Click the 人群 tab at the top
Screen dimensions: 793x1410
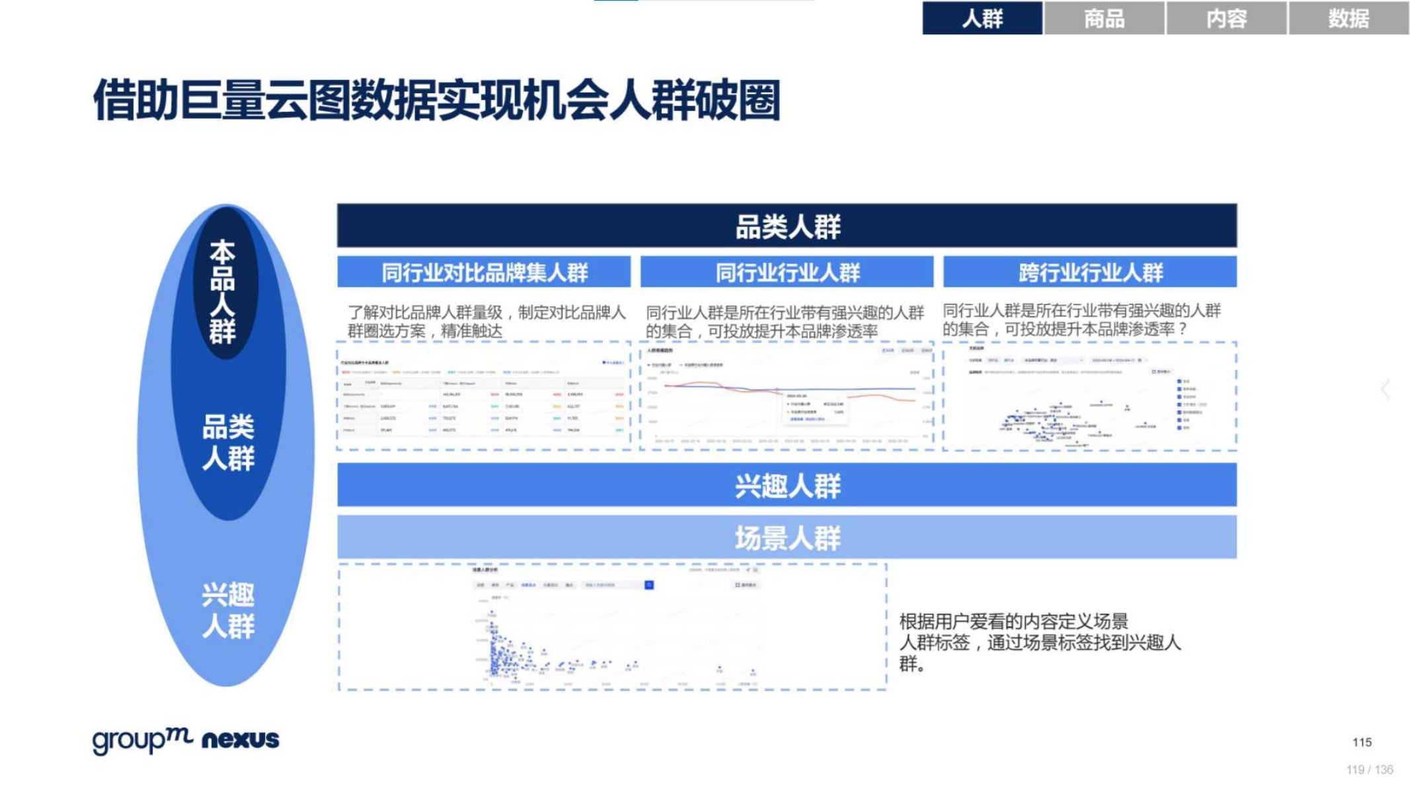coord(982,18)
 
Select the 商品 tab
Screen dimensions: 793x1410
coord(1103,18)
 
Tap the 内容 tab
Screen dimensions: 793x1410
coord(1226,18)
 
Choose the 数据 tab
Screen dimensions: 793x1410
coord(1348,18)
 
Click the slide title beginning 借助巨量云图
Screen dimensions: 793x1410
coord(436,100)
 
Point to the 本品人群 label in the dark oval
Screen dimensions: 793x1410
coord(223,291)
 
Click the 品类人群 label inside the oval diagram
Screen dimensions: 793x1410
coord(228,442)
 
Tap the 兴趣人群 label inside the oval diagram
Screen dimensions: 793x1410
coord(228,610)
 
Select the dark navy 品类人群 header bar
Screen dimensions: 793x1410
coord(787,226)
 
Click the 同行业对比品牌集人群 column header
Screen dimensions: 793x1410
coord(484,272)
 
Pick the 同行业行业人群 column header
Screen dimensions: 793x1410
coord(787,272)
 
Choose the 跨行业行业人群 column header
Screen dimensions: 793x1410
coord(1089,272)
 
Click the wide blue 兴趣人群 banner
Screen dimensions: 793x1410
coord(787,485)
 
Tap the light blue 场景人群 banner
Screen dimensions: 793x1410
coord(787,537)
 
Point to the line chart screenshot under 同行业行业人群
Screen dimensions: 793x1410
coord(787,397)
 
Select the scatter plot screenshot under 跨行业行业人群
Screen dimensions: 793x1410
coord(1089,397)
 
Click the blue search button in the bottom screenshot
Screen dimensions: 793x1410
coord(649,585)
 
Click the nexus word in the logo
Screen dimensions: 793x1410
coord(240,739)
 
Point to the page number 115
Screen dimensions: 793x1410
coord(1362,742)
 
